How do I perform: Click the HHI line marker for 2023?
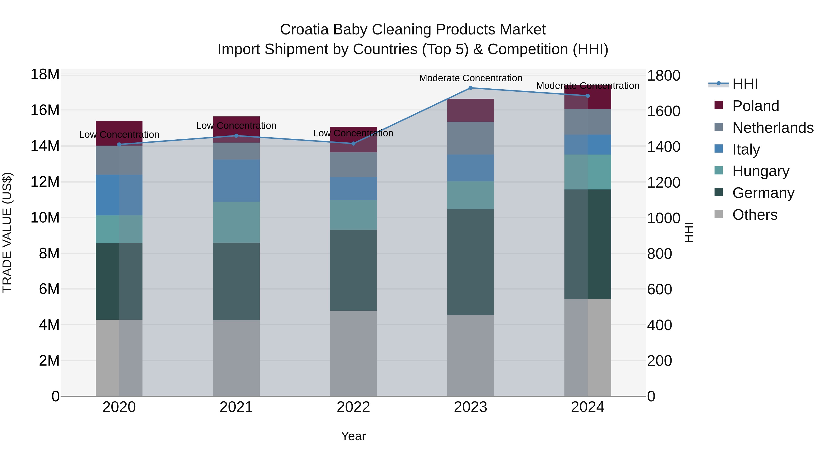pyautogui.click(x=470, y=88)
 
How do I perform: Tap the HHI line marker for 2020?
pyautogui.click(x=119, y=144)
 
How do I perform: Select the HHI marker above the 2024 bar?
pyautogui.click(x=587, y=96)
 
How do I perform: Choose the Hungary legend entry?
pyautogui.click(x=760, y=171)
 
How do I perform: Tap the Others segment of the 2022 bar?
pyautogui.click(x=353, y=353)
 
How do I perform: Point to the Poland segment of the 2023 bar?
pyautogui.click(x=470, y=110)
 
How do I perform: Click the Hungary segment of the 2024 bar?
pyautogui.click(x=587, y=172)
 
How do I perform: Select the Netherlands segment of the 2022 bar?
pyautogui.click(x=353, y=164)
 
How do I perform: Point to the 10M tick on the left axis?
pyautogui.click(x=45, y=218)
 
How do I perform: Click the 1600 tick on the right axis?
pyautogui.click(x=663, y=111)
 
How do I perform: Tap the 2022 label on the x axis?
pyautogui.click(x=353, y=407)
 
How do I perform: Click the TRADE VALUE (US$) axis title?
pyautogui.click(x=7, y=232)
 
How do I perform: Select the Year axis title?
pyautogui.click(x=353, y=436)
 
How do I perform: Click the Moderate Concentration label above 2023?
pyautogui.click(x=470, y=78)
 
